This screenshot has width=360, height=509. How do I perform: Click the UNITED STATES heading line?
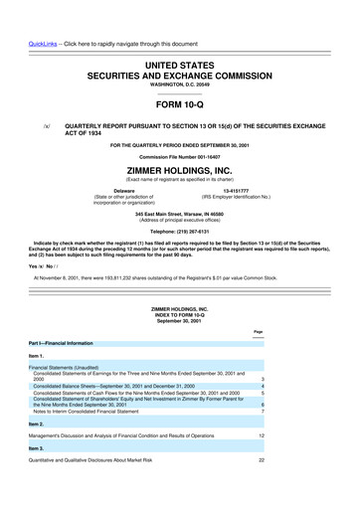(179, 36)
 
